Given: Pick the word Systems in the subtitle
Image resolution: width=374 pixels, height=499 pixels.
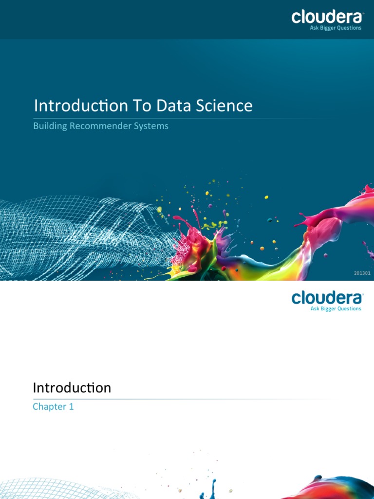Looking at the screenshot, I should tap(152, 126).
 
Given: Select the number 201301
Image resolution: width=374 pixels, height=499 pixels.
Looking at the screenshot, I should tap(362, 273).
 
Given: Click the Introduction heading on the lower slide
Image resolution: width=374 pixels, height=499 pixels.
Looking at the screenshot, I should tap(72, 388).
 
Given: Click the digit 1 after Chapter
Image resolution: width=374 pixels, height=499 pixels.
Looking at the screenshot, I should tap(71, 406).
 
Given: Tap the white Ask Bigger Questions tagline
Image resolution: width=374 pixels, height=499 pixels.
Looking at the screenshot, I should tap(336, 28).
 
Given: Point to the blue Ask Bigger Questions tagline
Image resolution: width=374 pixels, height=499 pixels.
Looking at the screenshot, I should tap(336, 308).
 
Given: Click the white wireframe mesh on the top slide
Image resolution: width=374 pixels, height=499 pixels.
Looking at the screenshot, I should tap(73, 229).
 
